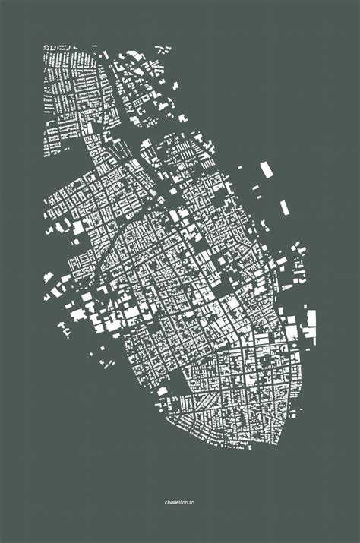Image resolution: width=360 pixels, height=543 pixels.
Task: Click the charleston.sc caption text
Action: [180, 502]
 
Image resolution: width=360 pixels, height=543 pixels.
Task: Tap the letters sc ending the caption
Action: [193, 502]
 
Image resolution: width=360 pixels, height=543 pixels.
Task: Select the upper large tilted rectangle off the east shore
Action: [266, 169]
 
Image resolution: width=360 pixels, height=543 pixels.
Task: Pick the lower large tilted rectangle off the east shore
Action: [284, 207]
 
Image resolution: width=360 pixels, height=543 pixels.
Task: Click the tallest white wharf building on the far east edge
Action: [309, 323]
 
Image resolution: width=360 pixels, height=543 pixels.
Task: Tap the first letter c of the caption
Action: [166, 502]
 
